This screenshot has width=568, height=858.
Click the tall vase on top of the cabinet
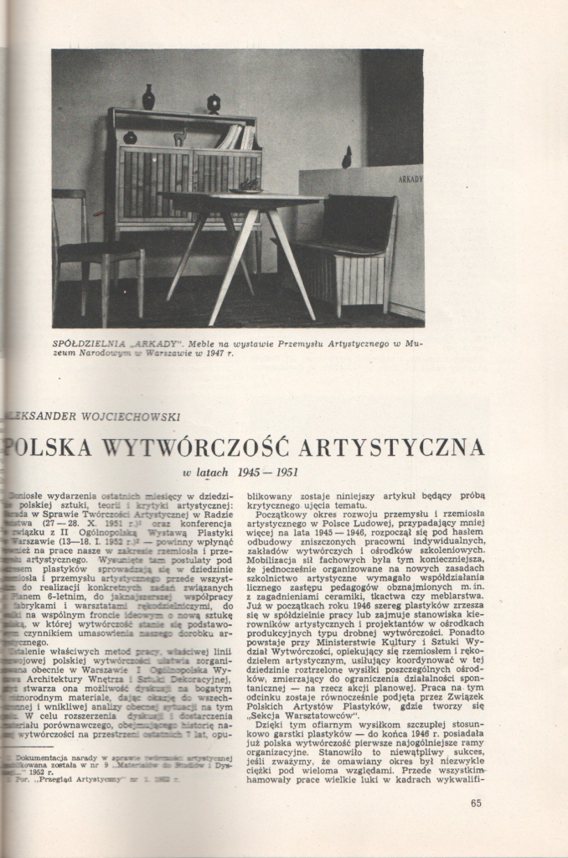[148, 97]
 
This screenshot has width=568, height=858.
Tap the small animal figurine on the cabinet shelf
[179, 137]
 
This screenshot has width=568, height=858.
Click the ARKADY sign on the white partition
[409, 178]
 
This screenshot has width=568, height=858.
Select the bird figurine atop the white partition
[347, 158]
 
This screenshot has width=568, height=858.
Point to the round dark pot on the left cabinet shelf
[130, 137]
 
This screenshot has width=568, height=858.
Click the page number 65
[476, 804]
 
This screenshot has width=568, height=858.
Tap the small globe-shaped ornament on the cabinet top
[214, 104]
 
